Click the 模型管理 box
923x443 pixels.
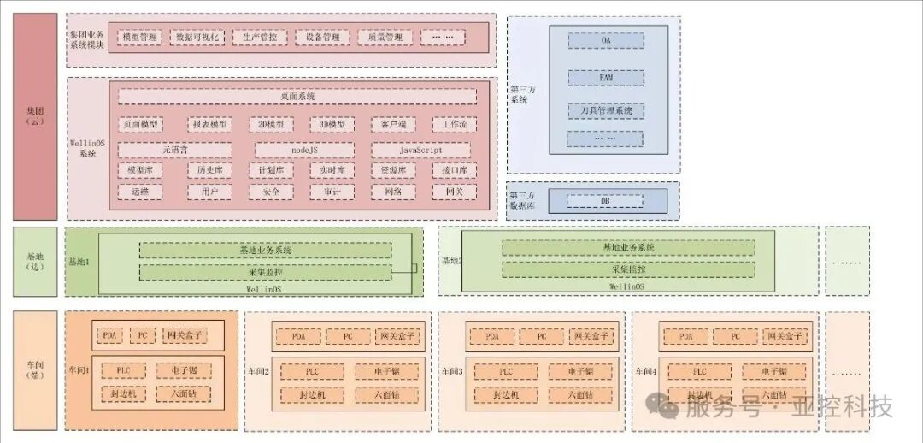tap(140, 38)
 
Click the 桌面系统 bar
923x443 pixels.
tap(297, 97)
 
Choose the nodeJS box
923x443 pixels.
tap(304, 150)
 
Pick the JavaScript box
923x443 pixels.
tap(420, 150)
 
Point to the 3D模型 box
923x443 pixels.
tap(331, 125)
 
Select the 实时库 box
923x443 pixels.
tap(331, 170)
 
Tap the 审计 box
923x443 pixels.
tap(331, 192)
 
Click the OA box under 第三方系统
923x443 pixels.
tap(606, 40)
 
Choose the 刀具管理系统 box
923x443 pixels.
tap(606, 110)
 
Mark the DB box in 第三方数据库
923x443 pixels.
tap(606, 201)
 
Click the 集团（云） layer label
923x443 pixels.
tap(35, 116)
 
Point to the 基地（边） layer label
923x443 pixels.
tap(35, 261)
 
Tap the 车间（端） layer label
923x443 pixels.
tap(35, 370)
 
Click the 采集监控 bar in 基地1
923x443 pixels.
tap(266, 271)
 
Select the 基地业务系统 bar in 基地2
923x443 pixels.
tap(628, 247)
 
